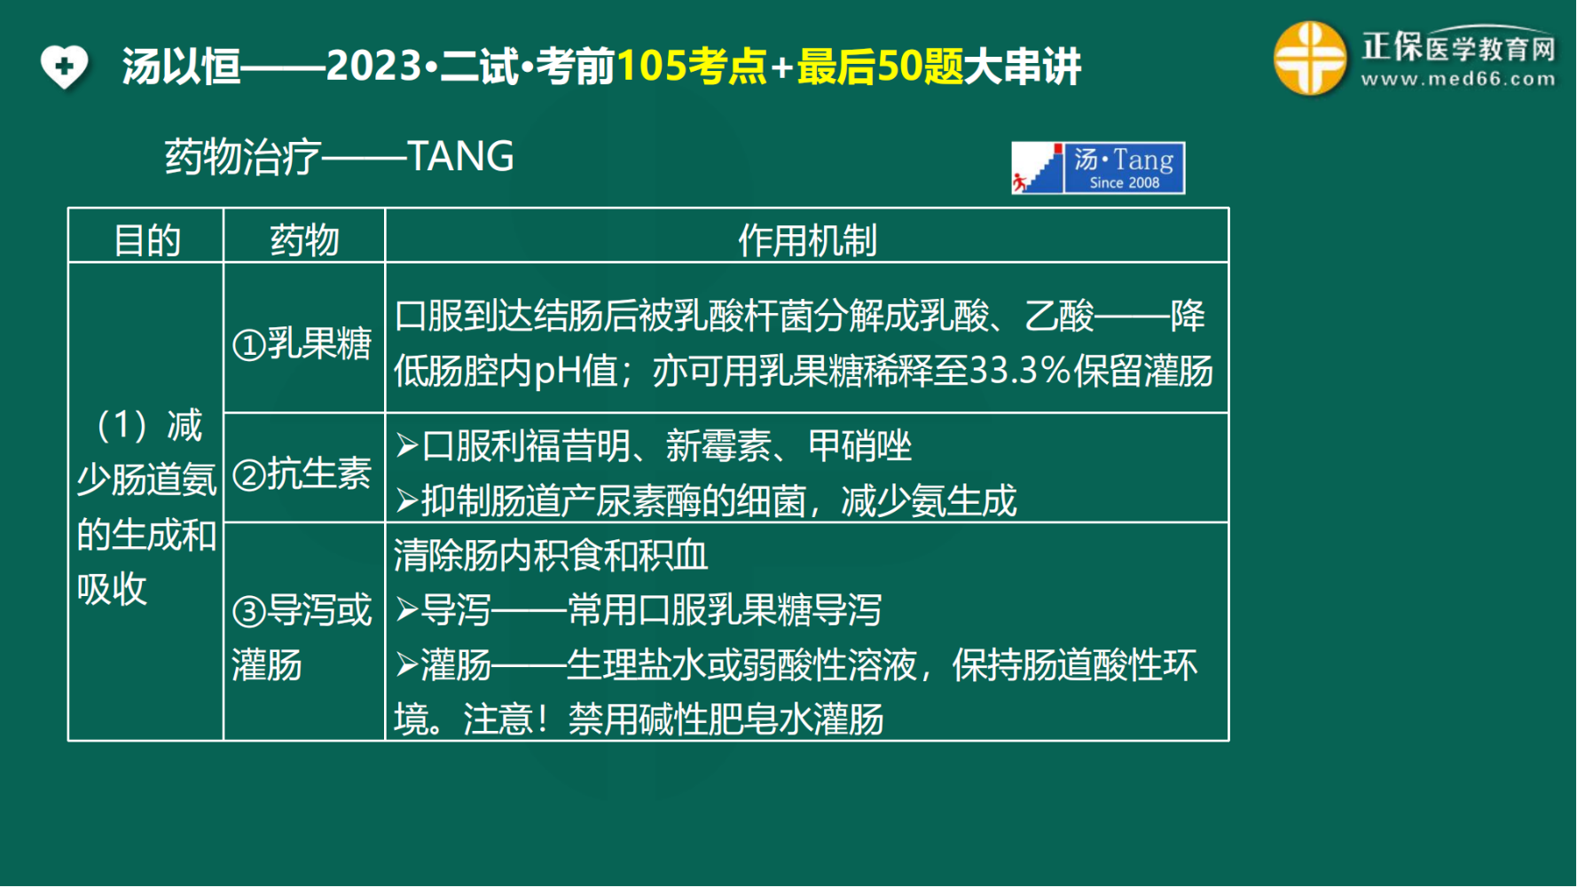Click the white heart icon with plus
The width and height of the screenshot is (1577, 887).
point(64,67)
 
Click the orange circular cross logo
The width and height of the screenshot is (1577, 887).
point(1310,59)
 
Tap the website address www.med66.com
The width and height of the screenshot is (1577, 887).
point(1458,79)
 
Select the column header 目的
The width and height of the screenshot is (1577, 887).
point(147,240)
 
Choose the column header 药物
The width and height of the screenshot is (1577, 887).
point(304,240)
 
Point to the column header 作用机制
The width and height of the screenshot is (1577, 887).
point(807,240)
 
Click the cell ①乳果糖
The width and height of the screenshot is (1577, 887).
point(302,343)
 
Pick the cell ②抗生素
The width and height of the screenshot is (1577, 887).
point(302,474)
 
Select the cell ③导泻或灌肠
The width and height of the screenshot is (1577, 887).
point(302,638)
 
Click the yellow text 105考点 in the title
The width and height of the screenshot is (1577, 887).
point(692,67)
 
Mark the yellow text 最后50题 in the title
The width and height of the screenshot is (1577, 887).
point(880,67)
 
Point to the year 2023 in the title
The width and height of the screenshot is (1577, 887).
point(373,67)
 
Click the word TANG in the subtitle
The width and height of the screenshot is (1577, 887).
point(460,157)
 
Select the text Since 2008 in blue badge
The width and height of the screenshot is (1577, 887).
point(1125,183)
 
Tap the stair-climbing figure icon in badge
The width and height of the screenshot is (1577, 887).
point(1037,169)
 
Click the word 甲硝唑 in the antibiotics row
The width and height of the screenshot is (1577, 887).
point(859,446)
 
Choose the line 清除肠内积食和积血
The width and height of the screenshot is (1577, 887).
point(551,556)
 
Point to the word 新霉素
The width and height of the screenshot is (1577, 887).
point(718,446)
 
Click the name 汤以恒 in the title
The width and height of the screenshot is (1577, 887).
point(182,67)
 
